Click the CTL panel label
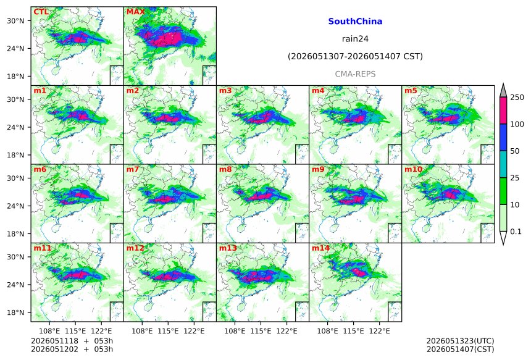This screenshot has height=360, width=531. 41,12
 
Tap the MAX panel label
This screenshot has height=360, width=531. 135,12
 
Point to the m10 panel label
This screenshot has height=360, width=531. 413,169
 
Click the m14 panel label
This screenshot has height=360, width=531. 320,248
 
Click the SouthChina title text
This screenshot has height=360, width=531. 355,22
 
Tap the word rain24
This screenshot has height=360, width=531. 355,39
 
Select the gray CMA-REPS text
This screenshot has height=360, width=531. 355,74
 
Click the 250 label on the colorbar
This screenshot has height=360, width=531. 517,98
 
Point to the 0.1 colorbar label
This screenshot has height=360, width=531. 516,232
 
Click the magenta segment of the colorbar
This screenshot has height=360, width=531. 503,111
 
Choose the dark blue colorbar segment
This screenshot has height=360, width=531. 503,137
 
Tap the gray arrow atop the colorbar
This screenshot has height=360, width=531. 503,91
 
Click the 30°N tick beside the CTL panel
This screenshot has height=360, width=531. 15,20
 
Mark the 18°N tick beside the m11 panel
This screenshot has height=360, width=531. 15,312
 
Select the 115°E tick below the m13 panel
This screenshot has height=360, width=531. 261,330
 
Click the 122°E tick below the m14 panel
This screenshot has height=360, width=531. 379,330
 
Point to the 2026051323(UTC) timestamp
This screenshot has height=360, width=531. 460,341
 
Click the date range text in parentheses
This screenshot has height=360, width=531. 355,56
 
